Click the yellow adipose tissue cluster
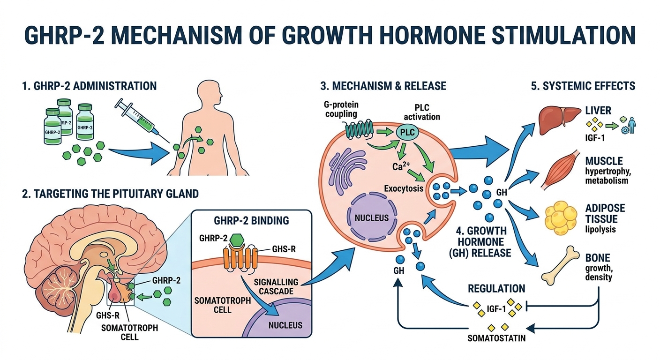[562, 216]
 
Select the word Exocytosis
[404, 189]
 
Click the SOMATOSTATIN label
[496, 338]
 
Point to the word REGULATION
[496, 289]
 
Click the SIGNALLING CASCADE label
[277, 286]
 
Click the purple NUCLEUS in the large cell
[371, 218]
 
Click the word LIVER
[598, 111]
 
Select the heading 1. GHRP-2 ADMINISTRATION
[89, 86]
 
